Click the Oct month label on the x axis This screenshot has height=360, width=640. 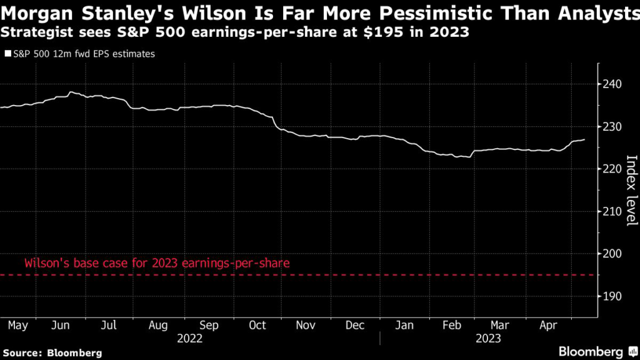coord(257,325)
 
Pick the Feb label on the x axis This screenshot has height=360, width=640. coord(452,325)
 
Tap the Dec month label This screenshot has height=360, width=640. coord(355,325)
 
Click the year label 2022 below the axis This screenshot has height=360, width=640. coord(189,338)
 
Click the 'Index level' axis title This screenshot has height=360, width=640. coord(631,190)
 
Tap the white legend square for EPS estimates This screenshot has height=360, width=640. coord(7,54)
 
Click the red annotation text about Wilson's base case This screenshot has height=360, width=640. coord(157,263)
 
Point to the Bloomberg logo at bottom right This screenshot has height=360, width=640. coord(592,351)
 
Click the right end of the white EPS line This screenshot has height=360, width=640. coord(584,140)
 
